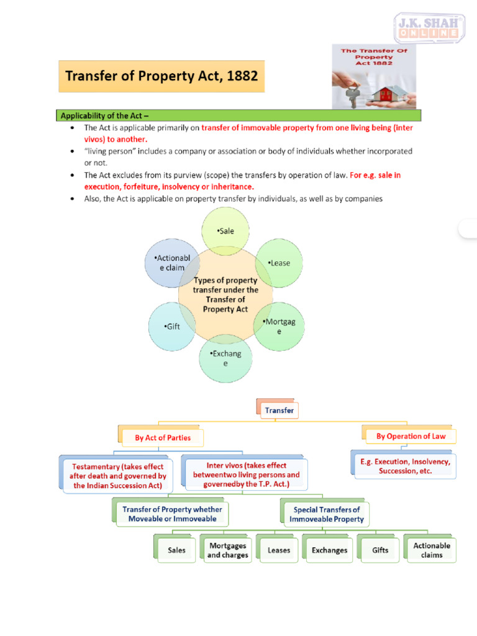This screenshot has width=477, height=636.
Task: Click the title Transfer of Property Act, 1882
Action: tap(161, 76)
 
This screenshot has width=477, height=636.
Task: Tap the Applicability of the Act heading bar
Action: tap(240, 116)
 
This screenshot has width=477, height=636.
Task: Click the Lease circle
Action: tap(279, 263)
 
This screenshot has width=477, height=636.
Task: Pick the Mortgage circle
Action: tap(279, 326)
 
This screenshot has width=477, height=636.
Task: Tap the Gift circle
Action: tap(172, 326)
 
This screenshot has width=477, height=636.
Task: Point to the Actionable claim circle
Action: tap(170, 263)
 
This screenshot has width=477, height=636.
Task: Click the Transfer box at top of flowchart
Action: tap(279, 411)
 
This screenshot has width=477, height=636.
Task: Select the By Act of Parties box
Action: tap(163, 437)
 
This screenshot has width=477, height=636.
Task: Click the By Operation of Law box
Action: tap(411, 436)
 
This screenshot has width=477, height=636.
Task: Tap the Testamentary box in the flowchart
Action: tap(118, 476)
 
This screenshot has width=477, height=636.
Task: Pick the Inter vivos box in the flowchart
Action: tap(246, 475)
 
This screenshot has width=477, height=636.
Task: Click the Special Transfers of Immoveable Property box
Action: tap(327, 514)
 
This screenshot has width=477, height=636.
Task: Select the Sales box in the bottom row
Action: tap(176, 550)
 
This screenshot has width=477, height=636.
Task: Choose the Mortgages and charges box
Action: tap(227, 550)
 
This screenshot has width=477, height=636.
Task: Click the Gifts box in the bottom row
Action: tap(380, 550)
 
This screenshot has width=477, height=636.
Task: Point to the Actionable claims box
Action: tap(432, 550)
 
